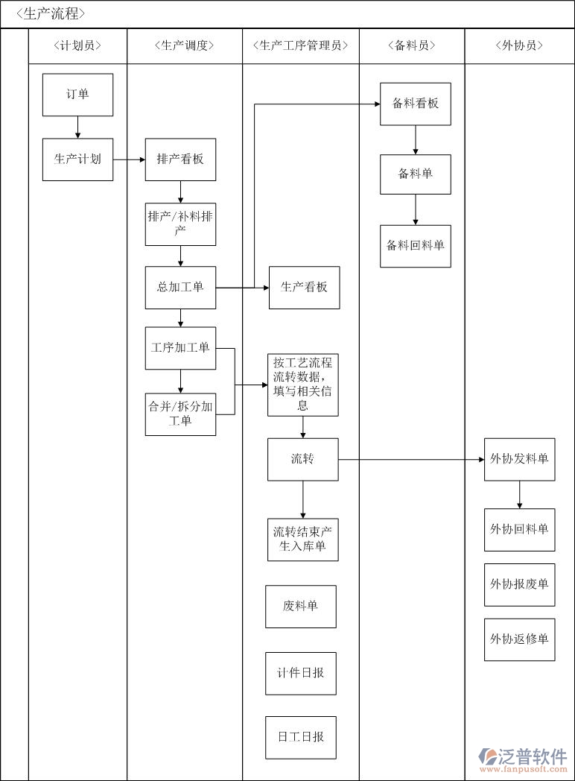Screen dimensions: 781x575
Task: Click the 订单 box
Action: point(77,95)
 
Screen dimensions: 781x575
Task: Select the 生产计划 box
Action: point(77,159)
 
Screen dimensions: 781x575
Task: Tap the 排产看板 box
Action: point(180,159)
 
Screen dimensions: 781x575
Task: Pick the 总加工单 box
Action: point(180,288)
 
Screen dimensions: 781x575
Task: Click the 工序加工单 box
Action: point(180,348)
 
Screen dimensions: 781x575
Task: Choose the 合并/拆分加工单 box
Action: point(180,414)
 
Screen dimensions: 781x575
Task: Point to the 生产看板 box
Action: point(304,288)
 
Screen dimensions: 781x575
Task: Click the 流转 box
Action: point(303,459)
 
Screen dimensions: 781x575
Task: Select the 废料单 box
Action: point(301,607)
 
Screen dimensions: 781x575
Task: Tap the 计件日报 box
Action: point(301,674)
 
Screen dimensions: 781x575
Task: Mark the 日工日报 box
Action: point(301,738)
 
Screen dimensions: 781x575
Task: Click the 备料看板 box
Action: point(416,104)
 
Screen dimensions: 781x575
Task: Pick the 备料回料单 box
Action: point(416,246)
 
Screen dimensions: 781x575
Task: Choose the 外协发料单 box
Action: point(519,459)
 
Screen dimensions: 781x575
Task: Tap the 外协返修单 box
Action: point(519,639)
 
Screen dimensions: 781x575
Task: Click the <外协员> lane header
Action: point(519,45)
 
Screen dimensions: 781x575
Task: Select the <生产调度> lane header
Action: point(185,45)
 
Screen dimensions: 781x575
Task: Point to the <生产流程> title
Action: point(50,13)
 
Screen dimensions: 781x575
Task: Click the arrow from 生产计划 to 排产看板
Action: point(129,159)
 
